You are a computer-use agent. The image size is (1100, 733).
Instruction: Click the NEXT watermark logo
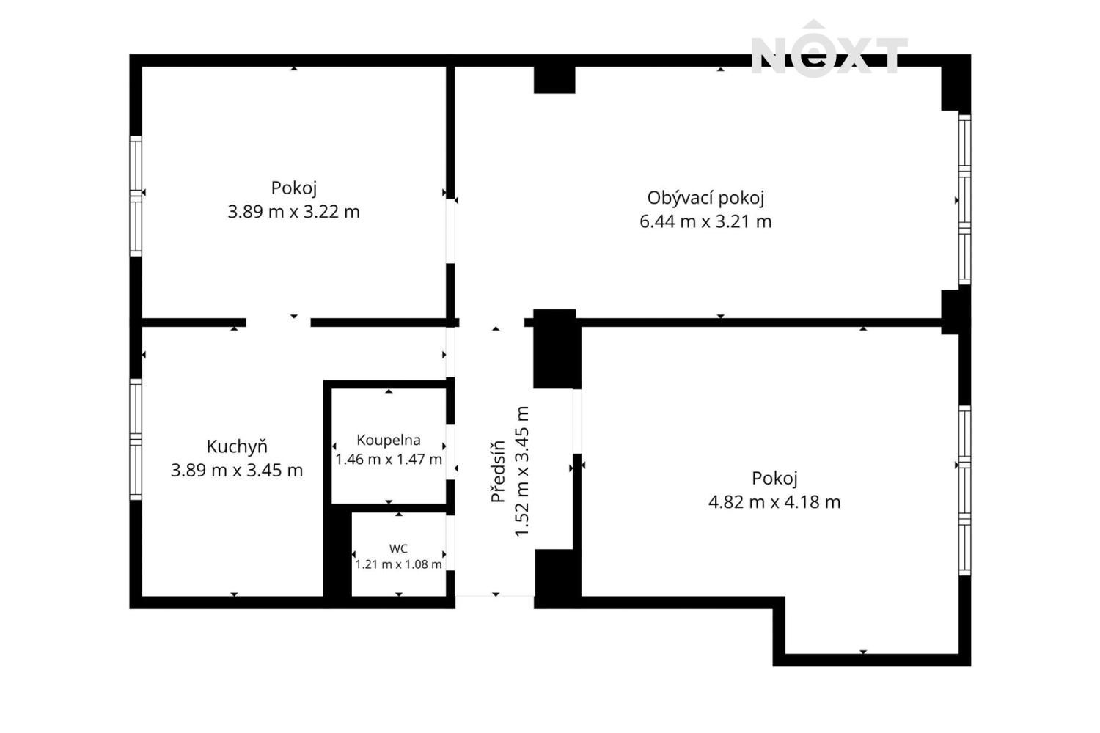[829, 49]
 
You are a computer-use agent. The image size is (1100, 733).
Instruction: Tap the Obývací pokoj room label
[705, 199]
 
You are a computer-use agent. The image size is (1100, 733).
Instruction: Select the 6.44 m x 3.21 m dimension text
[705, 222]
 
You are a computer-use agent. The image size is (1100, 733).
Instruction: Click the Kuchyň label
[237, 446]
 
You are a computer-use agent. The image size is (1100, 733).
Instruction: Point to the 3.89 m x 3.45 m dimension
[237, 471]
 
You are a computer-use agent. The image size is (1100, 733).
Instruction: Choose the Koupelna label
[389, 441]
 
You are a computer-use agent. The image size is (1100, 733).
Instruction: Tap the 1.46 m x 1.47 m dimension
[389, 460]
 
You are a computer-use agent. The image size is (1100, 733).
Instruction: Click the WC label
[398, 549]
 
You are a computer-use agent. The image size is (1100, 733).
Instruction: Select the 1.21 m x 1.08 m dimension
[398, 564]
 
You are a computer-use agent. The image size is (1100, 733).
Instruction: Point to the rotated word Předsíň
[498, 471]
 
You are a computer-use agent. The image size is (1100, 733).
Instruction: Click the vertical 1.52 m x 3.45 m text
[521, 471]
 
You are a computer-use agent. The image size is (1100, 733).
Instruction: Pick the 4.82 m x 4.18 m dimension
[774, 502]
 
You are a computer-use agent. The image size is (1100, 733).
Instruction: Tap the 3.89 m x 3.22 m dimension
[293, 212]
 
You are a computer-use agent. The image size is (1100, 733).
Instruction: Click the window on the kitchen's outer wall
[136, 439]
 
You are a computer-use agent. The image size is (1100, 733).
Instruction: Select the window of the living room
[964, 200]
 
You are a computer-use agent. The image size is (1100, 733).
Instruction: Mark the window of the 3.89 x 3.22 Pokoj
[136, 196]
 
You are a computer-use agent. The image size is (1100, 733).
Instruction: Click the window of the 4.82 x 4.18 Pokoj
[964, 490]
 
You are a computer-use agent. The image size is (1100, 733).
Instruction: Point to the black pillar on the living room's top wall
[554, 80]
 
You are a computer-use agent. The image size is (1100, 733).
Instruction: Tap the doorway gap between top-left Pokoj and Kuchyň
[279, 323]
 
